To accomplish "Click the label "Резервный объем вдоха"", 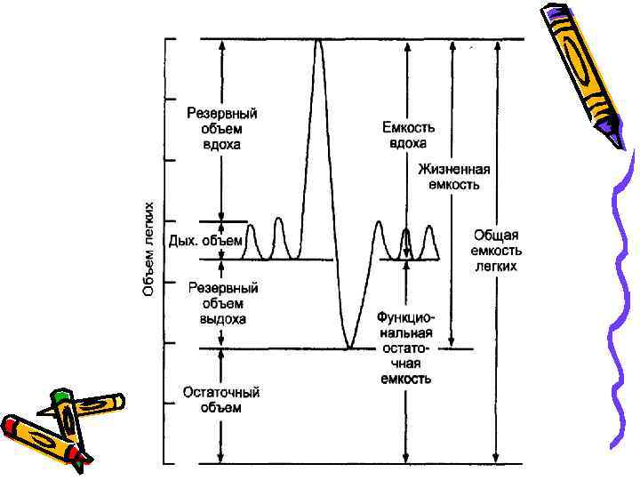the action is [221, 129].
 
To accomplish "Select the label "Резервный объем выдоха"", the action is [221, 303].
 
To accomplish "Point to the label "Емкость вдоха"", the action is [405, 135].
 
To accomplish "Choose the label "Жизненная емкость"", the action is [450, 177].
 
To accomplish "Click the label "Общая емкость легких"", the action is [495, 250].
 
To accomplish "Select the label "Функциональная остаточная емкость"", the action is [404, 347].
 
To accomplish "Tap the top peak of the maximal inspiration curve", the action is [318, 41].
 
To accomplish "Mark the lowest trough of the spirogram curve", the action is [350, 346].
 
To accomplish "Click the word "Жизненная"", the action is [450, 169].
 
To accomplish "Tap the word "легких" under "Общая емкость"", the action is [495, 266].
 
